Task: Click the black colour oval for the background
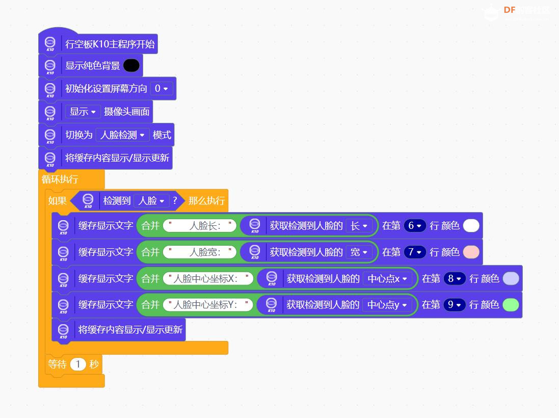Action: tap(131, 66)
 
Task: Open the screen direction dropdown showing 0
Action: tap(162, 89)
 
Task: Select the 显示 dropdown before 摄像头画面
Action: tap(83, 112)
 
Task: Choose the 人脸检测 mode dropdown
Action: tap(123, 135)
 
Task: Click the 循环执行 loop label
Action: tap(60, 179)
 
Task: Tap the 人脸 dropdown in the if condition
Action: tap(151, 201)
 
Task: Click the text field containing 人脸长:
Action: tap(200, 226)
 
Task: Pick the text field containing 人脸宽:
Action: tap(200, 252)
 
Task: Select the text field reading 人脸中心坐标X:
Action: tap(208, 278)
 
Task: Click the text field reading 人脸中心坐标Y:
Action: tap(208, 305)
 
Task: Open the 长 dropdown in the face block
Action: tap(359, 226)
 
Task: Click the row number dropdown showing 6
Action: tap(415, 226)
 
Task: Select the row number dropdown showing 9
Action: tap(455, 305)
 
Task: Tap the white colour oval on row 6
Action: tap(471, 226)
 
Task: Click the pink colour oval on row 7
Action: tap(471, 252)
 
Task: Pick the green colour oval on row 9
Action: tap(511, 305)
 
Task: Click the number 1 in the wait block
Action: tap(78, 364)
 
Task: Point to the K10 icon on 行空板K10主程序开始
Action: tap(50, 44)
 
